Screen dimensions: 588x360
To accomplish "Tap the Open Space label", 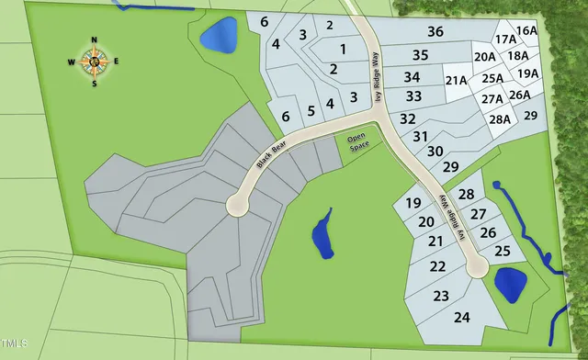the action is pyautogui.click(x=356, y=142).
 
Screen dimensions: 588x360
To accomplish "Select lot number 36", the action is pyautogui.click(x=435, y=32).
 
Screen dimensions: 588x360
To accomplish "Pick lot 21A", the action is pyautogui.click(x=457, y=80).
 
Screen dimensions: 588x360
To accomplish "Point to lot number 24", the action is pyautogui.click(x=462, y=317).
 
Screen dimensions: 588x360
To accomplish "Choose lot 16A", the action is pyautogui.click(x=526, y=30).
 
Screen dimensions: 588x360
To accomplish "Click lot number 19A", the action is pyautogui.click(x=527, y=73).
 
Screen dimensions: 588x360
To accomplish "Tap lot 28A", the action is pyautogui.click(x=499, y=118).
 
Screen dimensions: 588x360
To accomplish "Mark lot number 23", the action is pyautogui.click(x=441, y=296).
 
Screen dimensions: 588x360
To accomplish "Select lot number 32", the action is pyautogui.click(x=408, y=118).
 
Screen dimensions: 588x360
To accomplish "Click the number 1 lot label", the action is pyautogui.click(x=343, y=48).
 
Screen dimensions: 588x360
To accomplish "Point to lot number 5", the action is pyautogui.click(x=311, y=111).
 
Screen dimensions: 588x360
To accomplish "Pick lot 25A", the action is pyautogui.click(x=492, y=78).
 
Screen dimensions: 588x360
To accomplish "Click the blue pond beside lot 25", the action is pyautogui.click(x=510, y=283).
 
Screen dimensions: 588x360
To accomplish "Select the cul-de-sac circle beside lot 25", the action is pyautogui.click(x=476, y=267).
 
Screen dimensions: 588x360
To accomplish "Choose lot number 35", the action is pyautogui.click(x=420, y=55).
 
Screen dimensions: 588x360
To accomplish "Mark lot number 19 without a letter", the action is pyautogui.click(x=413, y=203).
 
